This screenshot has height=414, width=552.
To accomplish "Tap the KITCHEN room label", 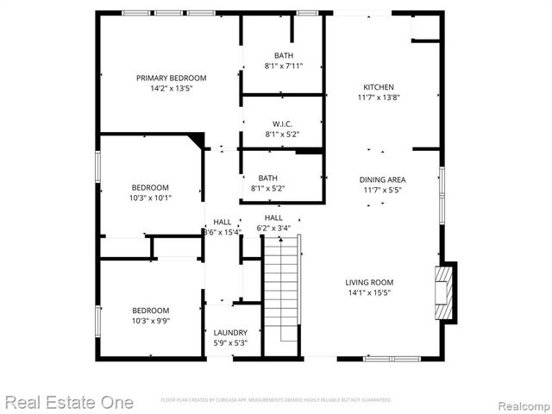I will click(378, 87).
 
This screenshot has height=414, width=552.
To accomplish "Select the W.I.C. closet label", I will click(282, 123).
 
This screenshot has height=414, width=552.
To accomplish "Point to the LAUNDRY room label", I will click(230, 332).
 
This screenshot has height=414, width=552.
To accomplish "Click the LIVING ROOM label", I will click(369, 282).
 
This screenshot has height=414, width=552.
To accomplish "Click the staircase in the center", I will click(280, 293).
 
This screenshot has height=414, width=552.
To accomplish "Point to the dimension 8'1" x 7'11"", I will click(282, 66).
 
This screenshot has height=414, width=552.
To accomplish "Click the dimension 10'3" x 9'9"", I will click(150, 321).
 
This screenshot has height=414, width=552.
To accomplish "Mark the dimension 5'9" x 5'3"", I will click(230, 342).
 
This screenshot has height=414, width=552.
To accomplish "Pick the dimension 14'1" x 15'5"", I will click(369, 292).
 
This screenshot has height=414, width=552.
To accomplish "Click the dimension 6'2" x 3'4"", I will click(273, 228).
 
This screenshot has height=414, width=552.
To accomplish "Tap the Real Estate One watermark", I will click(69, 402).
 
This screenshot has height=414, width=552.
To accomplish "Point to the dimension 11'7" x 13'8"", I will click(378, 97).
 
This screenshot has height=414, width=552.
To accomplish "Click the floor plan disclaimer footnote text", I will click(276, 400).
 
